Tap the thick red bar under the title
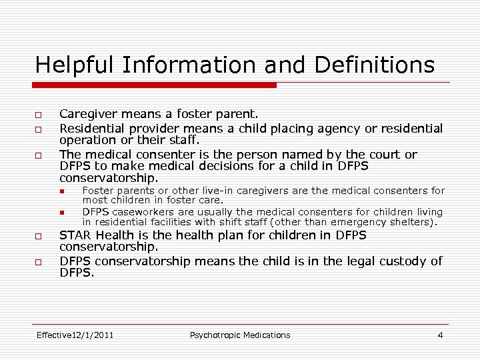(156, 85)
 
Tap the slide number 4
(440, 335)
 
